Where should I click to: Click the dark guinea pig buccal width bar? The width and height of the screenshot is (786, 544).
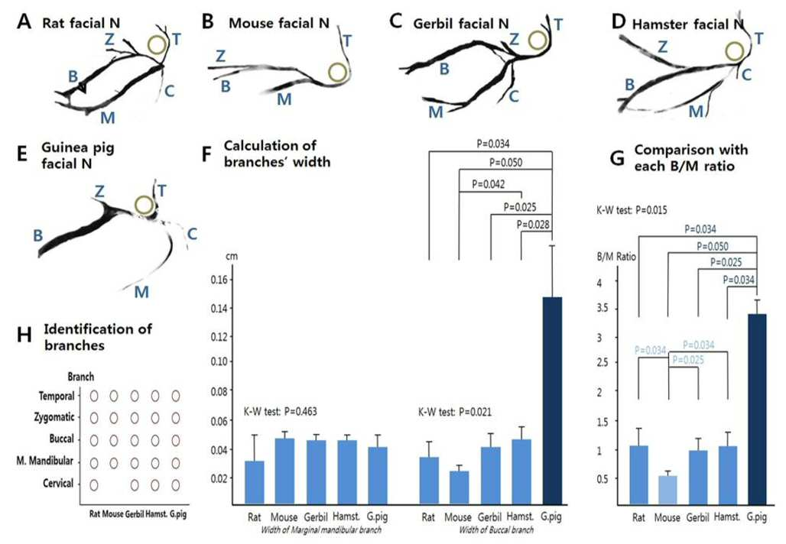552,400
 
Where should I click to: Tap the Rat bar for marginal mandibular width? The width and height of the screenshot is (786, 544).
255,483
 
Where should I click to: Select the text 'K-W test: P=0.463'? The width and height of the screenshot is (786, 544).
280,412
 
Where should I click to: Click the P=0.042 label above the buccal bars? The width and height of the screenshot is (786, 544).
489,184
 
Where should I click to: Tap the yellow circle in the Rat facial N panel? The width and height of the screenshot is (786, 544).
158,45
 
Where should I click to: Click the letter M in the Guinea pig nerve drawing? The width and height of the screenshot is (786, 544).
141,292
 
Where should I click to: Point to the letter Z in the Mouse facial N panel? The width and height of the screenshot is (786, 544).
220,56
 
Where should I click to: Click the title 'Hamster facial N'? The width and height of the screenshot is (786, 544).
687,24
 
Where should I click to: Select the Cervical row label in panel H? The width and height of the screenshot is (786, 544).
58,484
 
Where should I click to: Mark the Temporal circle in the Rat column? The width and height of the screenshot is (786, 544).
94,396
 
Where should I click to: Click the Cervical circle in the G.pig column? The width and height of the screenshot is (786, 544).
175,485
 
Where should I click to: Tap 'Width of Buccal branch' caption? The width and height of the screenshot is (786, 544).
496,529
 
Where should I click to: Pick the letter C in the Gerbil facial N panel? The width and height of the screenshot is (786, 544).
513,96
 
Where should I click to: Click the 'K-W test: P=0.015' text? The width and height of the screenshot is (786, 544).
632,210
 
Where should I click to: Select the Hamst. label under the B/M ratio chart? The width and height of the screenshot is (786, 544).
727,516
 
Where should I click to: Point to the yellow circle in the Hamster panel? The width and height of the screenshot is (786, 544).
736,51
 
